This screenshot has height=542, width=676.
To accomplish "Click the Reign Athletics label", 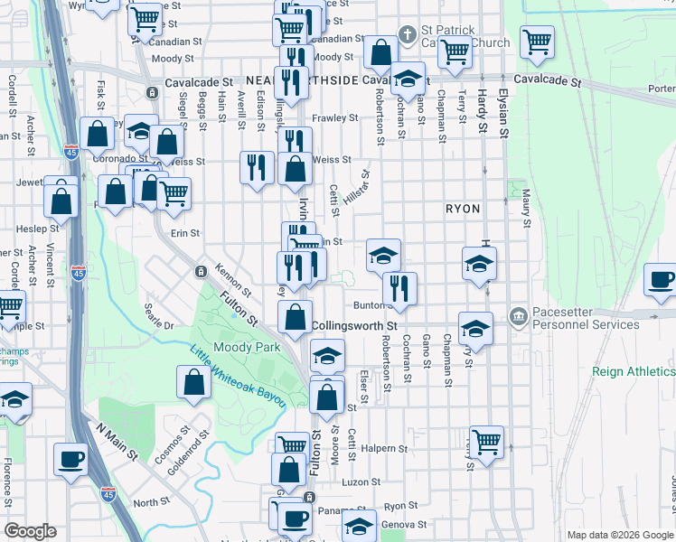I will [633, 371].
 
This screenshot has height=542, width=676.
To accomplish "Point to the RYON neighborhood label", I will [463, 209].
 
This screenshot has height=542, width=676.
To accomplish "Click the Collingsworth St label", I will [354, 324].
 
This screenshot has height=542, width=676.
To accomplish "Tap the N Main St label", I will [115, 442].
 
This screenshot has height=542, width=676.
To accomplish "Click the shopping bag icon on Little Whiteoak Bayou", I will [194, 382].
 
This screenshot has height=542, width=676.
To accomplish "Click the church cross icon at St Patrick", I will [408, 35].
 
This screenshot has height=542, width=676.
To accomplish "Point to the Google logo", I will [31, 531].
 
